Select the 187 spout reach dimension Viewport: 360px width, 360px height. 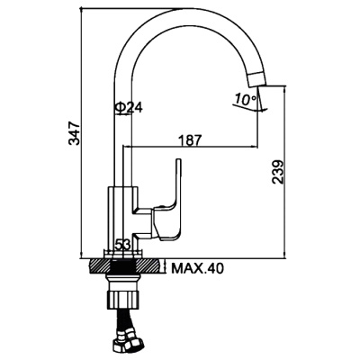point(190,139)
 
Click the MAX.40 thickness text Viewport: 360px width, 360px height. point(199,266)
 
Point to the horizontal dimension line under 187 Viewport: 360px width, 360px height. point(193,147)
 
